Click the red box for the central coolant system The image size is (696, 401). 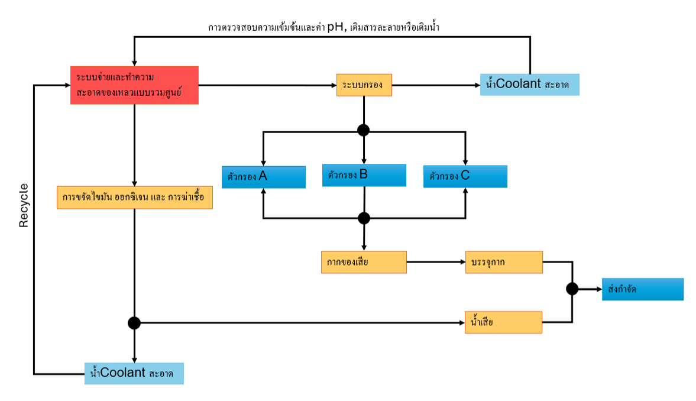(134, 85)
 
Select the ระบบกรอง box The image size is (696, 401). (364, 85)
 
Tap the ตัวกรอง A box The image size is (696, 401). (263, 177)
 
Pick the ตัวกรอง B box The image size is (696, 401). (364, 175)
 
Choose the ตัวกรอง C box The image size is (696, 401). (465, 176)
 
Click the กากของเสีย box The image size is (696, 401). (364, 262)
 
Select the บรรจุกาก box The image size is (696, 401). (504, 262)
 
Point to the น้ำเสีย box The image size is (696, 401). (504, 322)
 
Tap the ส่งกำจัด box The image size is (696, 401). (642, 289)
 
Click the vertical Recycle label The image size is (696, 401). (24, 205)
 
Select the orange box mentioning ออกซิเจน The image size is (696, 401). (134, 198)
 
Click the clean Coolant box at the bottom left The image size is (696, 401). (134, 373)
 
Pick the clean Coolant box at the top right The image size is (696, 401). (529, 84)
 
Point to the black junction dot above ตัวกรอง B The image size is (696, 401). (364, 130)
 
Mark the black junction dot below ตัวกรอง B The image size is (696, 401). (364, 218)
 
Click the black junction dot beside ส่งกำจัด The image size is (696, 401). (572, 289)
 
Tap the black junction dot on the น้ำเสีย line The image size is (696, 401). (134, 323)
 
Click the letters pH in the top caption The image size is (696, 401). (335, 27)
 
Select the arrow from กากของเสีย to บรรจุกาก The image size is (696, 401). (436, 262)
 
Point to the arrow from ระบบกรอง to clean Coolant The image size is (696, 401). (436, 85)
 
